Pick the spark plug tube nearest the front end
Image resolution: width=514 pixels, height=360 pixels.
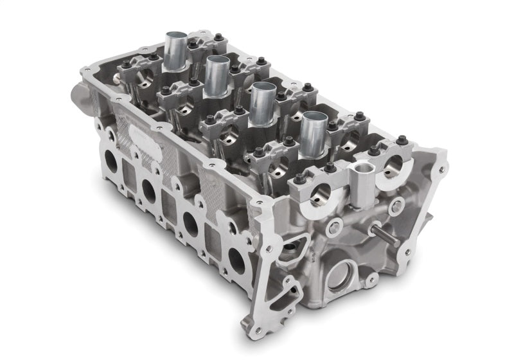314,132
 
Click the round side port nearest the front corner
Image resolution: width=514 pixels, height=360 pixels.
236,260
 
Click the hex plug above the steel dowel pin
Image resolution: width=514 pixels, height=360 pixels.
397,206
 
